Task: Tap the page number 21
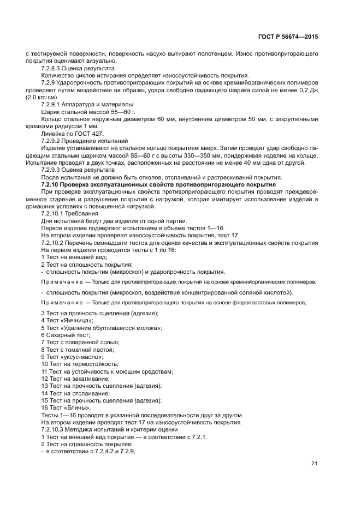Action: tap(314, 464)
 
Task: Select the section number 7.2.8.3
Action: tap(52, 69)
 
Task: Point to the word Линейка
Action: tap(53, 133)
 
